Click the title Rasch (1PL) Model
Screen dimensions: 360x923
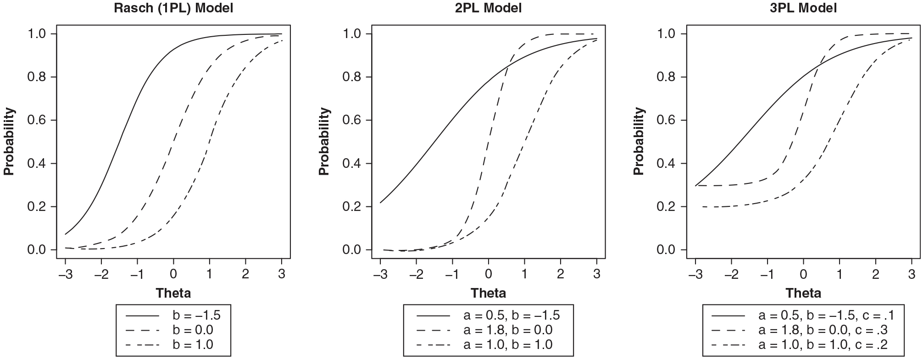point(173,8)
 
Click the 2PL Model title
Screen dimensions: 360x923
point(488,8)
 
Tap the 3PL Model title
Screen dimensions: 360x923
point(803,8)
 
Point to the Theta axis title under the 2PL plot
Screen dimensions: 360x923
point(488,293)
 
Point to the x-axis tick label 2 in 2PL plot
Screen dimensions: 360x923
point(561,274)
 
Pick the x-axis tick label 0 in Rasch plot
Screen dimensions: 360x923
point(173,274)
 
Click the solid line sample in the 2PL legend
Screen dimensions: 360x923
point(434,316)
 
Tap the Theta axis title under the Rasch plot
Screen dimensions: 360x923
point(173,293)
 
